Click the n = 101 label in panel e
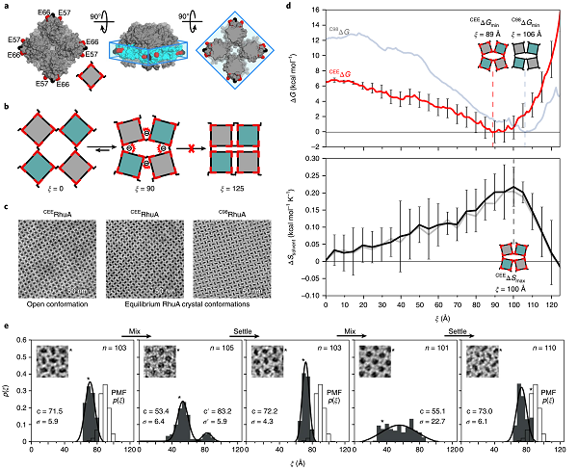(436, 344)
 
